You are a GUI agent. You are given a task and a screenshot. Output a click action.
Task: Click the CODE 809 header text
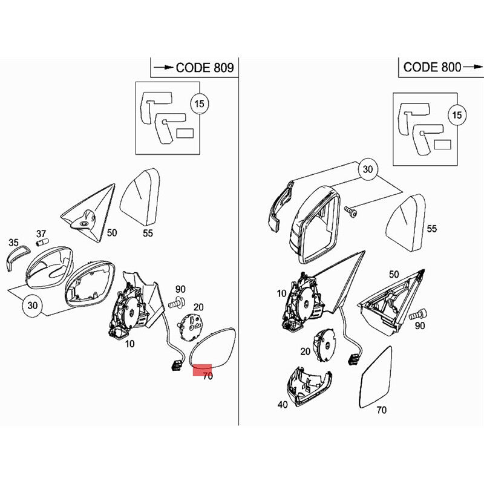point(205,68)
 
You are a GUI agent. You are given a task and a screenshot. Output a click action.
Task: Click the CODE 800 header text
point(432,67)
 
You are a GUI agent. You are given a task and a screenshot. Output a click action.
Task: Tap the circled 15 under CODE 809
point(200,103)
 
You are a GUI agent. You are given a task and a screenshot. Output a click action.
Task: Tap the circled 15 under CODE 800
point(457,115)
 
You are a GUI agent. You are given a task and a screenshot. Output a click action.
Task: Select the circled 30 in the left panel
point(33,306)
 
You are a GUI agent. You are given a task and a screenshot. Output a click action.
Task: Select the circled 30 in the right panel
point(368,169)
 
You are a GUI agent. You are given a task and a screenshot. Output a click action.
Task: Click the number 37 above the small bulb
point(41,234)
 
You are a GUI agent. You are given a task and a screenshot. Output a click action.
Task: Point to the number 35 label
point(13,243)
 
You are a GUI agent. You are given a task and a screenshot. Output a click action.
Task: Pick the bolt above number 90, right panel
point(418,314)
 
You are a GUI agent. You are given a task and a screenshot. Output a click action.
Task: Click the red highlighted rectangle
point(202,370)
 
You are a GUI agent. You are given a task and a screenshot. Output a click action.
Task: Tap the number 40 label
point(283,404)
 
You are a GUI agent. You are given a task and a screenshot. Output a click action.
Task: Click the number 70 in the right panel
point(382,410)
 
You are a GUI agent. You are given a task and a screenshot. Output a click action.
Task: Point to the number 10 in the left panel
point(130,344)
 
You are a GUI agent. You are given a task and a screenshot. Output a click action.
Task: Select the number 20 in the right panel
point(306,352)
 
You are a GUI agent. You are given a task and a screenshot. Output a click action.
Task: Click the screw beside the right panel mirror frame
point(351,211)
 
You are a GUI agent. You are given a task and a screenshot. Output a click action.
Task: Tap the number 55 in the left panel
point(148,233)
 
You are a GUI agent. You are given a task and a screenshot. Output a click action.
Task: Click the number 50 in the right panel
point(394,274)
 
